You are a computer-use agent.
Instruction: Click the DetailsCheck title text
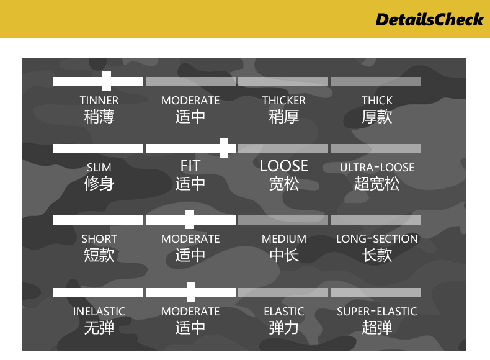point(429,20)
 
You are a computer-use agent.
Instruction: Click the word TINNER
point(99,101)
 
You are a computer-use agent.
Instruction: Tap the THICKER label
point(283,101)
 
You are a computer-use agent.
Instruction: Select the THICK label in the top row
point(377,101)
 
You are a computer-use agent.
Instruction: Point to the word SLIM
point(99,168)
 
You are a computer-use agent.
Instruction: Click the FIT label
point(190,166)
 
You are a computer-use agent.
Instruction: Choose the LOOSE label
point(283,166)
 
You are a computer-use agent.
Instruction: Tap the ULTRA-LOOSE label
point(377,168)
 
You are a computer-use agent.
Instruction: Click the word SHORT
point(99,239)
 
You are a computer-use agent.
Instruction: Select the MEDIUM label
point(283,239)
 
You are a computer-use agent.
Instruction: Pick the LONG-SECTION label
point(377,239)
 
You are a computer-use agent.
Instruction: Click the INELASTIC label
point(99,312)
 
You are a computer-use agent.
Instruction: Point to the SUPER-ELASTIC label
point(377,312)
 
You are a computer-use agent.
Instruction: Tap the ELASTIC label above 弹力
point(283,312)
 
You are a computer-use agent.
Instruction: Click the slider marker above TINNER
point(107,81)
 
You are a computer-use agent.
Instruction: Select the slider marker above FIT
point(224,148)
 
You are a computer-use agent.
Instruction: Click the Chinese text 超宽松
point(377,184)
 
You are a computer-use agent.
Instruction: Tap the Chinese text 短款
point(99,255)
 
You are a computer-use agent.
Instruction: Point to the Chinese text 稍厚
point(283,117)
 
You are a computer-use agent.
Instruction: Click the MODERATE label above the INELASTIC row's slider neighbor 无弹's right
point(190,312)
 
